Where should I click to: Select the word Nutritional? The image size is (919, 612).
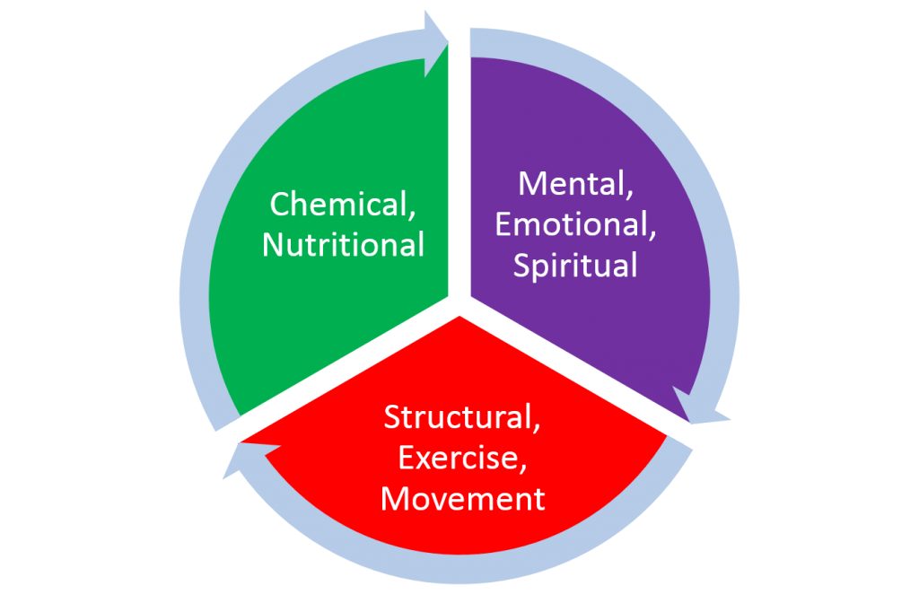(343, 245)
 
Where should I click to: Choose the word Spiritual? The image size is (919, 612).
(574, 266)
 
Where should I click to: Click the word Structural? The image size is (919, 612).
(462, 417)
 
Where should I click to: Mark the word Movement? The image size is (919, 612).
(462, 498)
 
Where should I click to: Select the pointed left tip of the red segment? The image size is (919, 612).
(247, 441)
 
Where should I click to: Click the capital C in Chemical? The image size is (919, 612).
(280, 205)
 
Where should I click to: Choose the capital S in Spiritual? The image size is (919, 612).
(521, 266)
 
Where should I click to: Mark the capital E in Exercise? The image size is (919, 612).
(406, 458)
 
